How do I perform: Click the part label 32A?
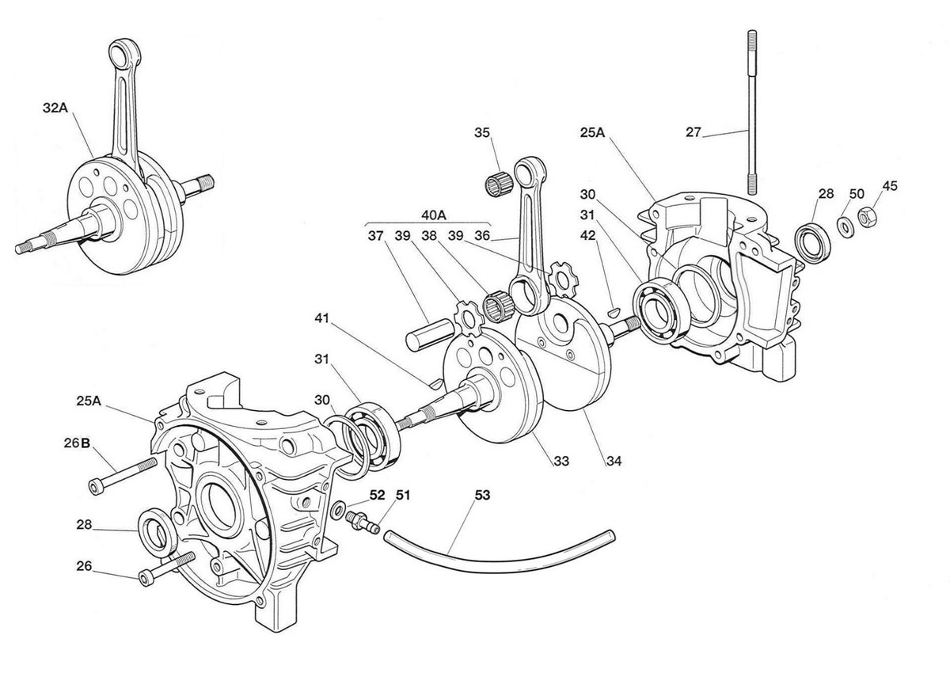(55, 108)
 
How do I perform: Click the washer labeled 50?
(845, 228)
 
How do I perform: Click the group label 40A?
(434, 215)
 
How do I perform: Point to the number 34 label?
(614, 461)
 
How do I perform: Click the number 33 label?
(561, 461)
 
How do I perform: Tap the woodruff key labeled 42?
(614, 312)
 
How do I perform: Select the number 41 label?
(322, 318)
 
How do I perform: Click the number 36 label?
(482, 235)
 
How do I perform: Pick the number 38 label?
(429, 235)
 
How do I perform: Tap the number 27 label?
(693, 132)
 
